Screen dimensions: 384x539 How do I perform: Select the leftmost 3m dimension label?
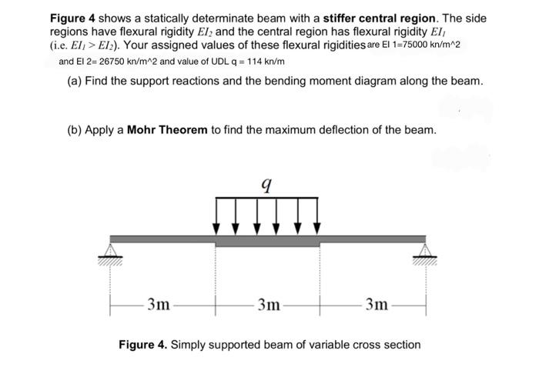point(159,304)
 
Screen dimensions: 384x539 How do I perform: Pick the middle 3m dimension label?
point(268,304)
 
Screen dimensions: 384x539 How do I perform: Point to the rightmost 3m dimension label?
point(377,304)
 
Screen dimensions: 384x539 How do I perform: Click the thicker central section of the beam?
point(267,241)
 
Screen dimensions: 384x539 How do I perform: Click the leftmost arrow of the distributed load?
point(216,217)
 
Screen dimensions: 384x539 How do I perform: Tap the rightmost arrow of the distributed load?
point(317,217)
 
